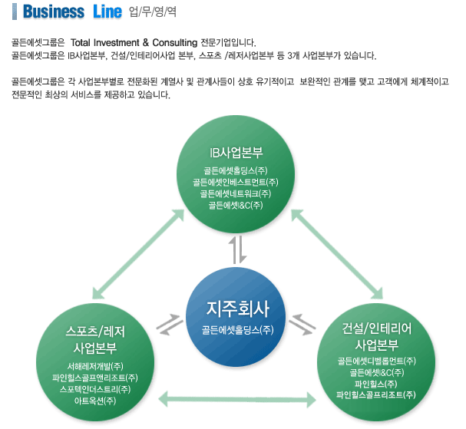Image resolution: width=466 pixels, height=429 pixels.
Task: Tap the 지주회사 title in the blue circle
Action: coord(237,309)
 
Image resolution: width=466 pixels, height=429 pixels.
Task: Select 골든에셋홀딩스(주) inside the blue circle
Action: coord(237,330)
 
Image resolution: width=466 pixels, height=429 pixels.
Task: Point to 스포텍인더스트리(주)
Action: coord(95,389)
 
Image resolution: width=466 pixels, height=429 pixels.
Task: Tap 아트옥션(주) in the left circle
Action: coord(95,401)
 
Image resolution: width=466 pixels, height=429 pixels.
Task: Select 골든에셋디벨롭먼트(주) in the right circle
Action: coord(377,361)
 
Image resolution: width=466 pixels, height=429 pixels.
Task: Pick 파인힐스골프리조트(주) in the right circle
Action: coord(377,395)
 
